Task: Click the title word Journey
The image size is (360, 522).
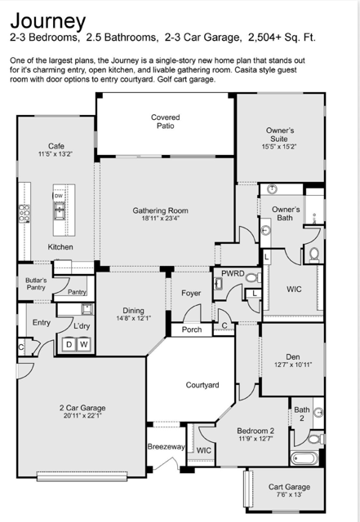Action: click(x=48, y=22)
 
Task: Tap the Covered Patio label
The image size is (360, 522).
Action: click(x=166, y=122)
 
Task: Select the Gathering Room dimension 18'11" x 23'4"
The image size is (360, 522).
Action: click(x=160, y=219)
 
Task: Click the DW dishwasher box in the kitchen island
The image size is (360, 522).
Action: click(x=59, y=196)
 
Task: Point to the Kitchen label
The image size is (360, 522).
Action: click(x=60, y=247)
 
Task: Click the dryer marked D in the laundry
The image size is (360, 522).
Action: click(x=69, y=344)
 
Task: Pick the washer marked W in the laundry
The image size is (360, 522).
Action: click(x=83, y=344)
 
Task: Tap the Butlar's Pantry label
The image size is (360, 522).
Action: click(x=36, y=284)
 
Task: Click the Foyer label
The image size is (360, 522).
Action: click(x=191, y=293)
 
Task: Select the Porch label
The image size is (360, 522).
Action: click(x=192, y=330)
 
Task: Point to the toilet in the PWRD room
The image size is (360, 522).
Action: click(x=254, y=277)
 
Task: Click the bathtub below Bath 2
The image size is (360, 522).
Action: click(x=304, y=458)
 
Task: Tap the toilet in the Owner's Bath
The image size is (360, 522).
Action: click(x=314, y=254)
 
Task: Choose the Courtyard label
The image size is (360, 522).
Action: click(x=202, y=385)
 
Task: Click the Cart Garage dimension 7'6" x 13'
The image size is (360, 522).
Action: click(x=289, y=495)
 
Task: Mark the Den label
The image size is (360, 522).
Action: click(x=293, y=357)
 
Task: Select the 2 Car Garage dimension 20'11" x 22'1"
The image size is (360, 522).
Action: click(x=82, y=416)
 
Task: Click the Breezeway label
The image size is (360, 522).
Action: click(x=166, y=447)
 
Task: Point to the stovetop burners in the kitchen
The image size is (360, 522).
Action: click(x=24, y=214)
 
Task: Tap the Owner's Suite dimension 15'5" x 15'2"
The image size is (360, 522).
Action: click(x=279, y=147)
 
